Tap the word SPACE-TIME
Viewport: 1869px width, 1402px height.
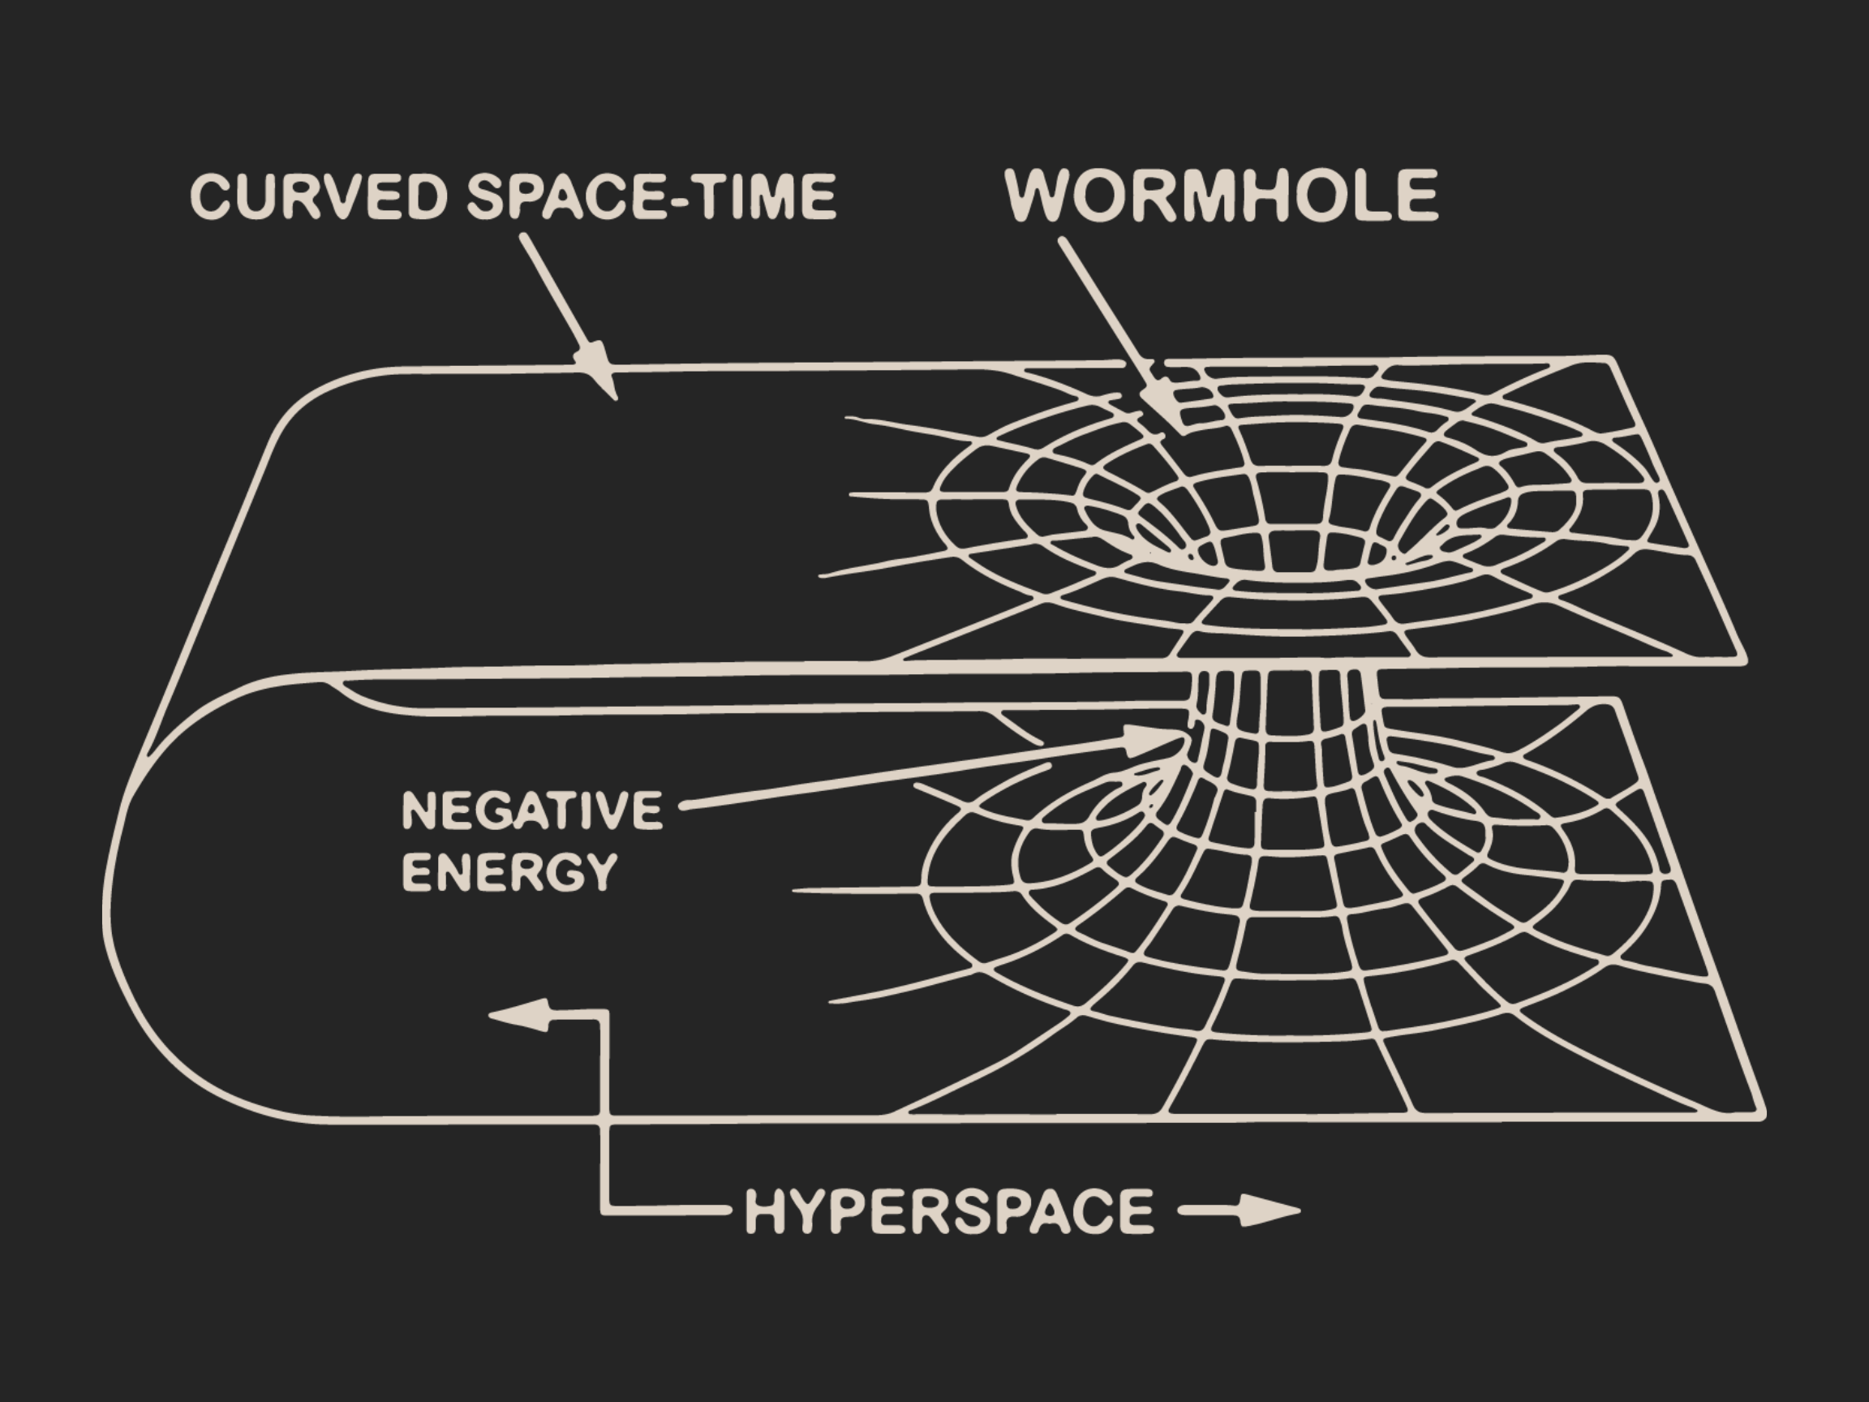651,196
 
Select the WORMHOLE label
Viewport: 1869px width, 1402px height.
1222,196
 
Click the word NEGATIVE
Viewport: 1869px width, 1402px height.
532,810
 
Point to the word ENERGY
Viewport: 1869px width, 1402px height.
509,871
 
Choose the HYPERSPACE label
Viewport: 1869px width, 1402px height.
949,1211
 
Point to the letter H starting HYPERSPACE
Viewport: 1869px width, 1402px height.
764,1211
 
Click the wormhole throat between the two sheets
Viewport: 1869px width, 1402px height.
1283,702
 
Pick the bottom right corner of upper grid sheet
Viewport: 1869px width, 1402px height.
1742,658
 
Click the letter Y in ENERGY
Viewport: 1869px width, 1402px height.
602,872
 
